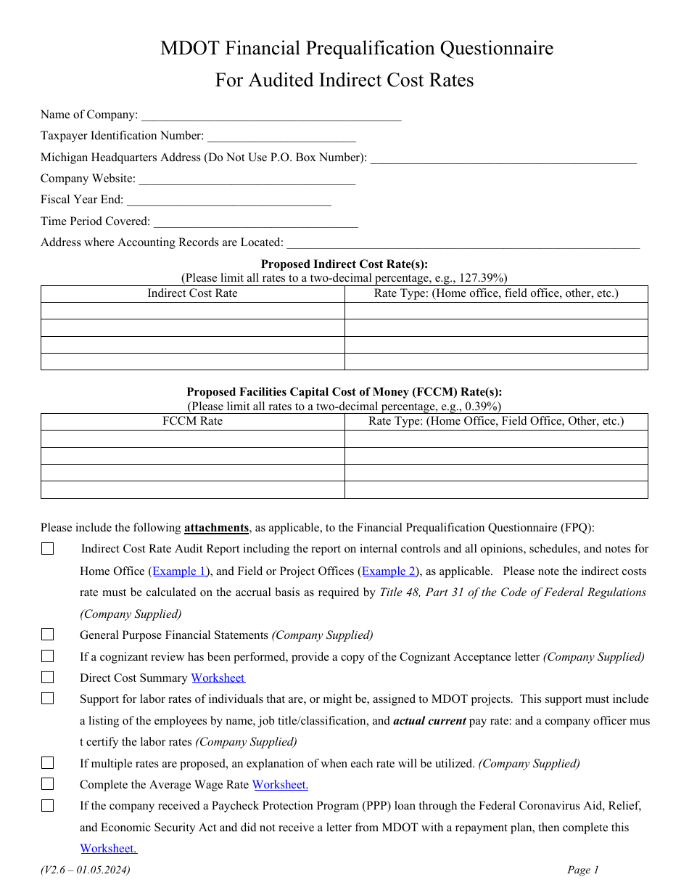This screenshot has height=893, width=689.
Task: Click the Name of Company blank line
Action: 271,115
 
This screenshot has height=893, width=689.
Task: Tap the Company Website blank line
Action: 247,179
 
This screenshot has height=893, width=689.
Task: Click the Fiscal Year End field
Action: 228,200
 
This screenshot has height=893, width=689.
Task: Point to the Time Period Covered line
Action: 255,222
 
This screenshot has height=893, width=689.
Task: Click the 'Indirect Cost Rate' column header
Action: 192,293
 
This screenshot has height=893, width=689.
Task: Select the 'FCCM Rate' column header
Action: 192,421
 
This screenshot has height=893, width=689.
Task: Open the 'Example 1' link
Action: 180,571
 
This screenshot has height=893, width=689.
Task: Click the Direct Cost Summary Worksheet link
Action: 218,678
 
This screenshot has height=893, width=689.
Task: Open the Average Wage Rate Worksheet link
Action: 280,785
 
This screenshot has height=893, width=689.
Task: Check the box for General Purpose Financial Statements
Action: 48,635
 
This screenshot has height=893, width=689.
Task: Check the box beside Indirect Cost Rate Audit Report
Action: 48,550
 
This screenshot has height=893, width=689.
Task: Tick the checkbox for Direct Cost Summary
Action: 48,678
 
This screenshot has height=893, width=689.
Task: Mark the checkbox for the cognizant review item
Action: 48,656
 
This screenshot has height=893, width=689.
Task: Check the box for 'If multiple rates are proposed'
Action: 48,763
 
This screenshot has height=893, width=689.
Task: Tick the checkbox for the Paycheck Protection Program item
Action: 48,806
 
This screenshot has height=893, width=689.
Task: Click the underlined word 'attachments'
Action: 216,528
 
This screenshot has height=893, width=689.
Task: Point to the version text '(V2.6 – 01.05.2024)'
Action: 85,870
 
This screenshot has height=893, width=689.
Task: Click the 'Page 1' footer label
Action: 583,870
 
